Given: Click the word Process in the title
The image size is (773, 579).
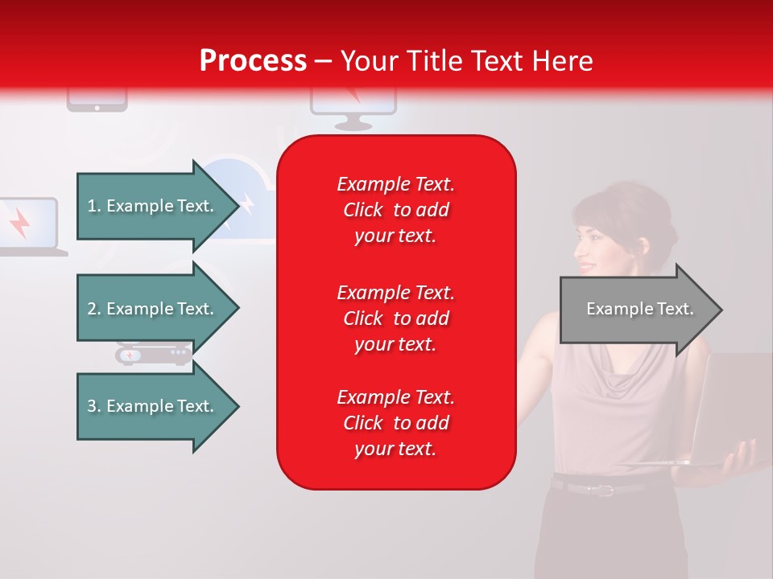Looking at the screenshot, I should (253, 60).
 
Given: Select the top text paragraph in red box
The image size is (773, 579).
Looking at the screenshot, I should (395, 210).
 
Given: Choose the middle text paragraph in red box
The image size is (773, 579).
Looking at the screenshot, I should (395, 318).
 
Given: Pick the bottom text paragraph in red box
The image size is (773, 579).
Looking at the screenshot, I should (395, 423).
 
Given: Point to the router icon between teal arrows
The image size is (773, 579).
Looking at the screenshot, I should (153, 353).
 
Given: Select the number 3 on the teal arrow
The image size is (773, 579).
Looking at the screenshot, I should (91, 406).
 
